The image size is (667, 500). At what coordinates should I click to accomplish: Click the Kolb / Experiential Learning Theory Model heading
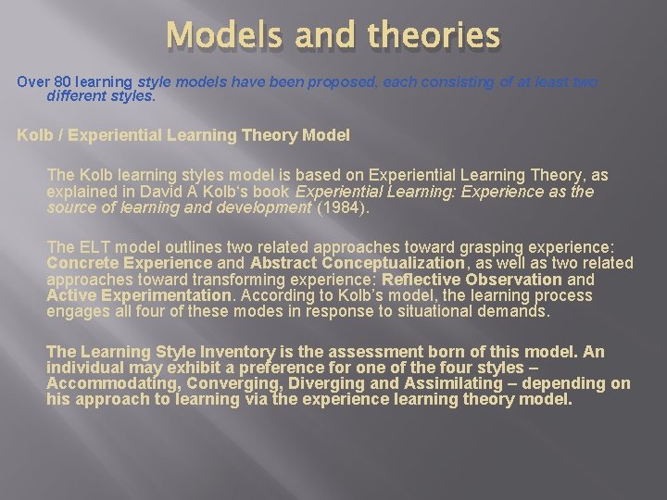click(183, 135)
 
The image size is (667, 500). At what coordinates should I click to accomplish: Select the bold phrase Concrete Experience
click(129, 263)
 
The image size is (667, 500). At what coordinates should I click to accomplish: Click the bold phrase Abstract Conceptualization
click(358, 263)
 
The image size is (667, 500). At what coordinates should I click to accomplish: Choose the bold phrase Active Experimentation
click(139, 295)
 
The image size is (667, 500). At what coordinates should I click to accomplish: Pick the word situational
click(434, 312)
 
